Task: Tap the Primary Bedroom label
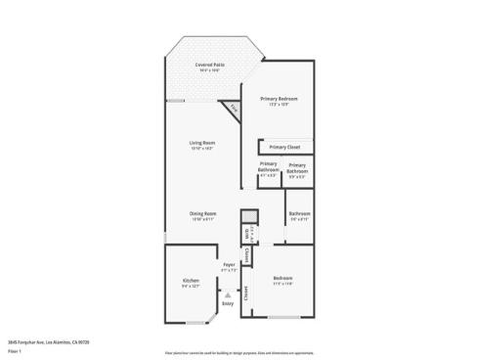pyautogui.click(x=279, y=99)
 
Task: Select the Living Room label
pyautogui.click(x=202, y=143)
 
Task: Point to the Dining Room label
pyautogui.click(x=202, y=213)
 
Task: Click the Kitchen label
pyautogui.click(x=191, y=281)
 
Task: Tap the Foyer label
pyautogui.click(x=228, y=265)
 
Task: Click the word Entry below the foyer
pyautogui.click(x=228, y=304)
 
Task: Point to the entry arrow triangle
pyautogui.click(x=228, y=293)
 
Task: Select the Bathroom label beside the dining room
pyautogui.click(x=299, y=213)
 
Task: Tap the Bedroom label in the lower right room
pyautogui.click(x=283, y=279)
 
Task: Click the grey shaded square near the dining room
pyautogui.click(x=249, y=216)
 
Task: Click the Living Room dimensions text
pyautogui.click(x=202, y=148)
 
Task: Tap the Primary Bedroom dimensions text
pyautogui.click(x=279, y=104)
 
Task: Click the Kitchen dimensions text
pyautogui.click(x=191, y=286)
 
